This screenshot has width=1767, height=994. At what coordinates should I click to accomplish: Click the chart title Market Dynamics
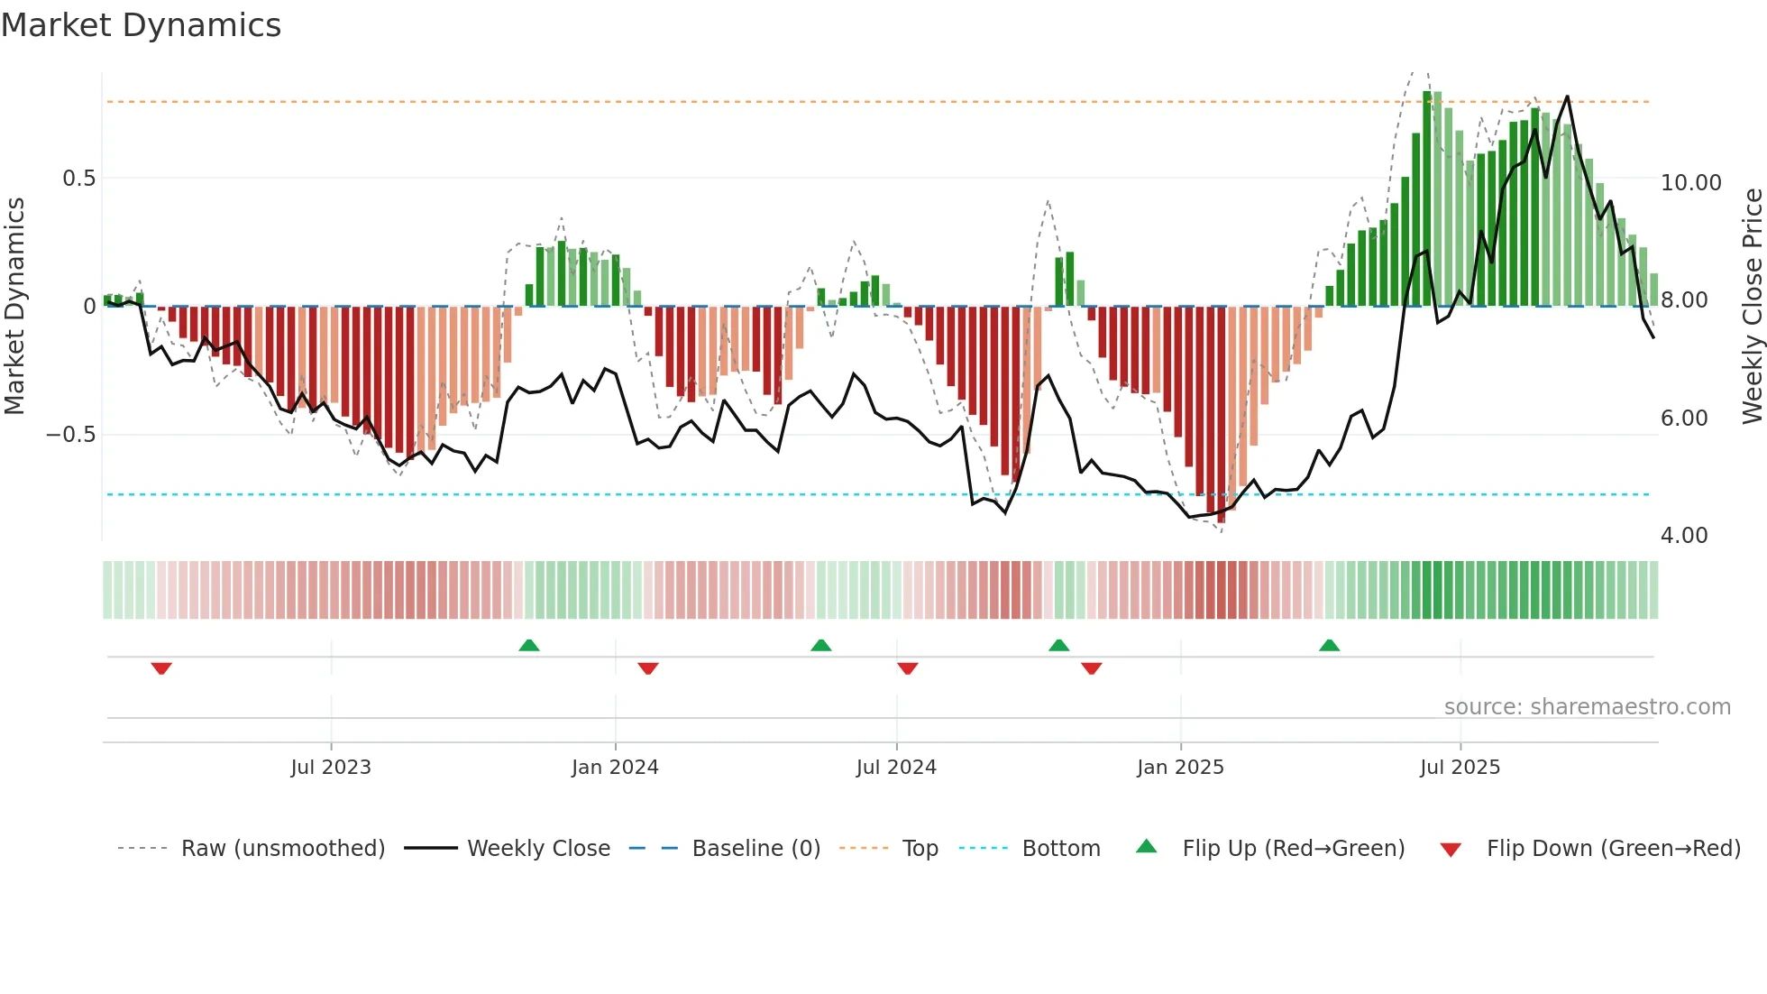tap(142, 25)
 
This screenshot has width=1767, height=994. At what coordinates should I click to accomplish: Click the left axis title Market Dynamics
tap(14, 306)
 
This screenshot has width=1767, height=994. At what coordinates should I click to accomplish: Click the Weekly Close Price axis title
tap(1752, 306)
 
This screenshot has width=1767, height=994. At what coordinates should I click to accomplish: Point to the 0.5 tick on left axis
tap(78, 179)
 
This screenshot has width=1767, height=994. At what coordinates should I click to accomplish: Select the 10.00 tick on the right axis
tap(1690, 183)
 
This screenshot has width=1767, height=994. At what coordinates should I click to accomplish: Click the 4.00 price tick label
tap(1683, 536)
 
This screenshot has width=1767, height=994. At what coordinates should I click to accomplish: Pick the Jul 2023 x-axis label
tap(331, 768)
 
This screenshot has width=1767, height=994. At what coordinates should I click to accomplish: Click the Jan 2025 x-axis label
tap(1180, 768)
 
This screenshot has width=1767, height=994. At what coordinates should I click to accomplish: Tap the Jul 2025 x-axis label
tap(1460, 768)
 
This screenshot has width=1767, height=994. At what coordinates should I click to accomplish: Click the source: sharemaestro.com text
tap(1587, 707)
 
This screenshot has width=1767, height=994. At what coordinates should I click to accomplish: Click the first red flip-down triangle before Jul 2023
tap(161, 668)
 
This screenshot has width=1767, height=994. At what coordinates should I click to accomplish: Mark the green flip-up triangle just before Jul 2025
tap(1329, 645)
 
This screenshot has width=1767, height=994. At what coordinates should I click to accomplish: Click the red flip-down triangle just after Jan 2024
tap(648, 668)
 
